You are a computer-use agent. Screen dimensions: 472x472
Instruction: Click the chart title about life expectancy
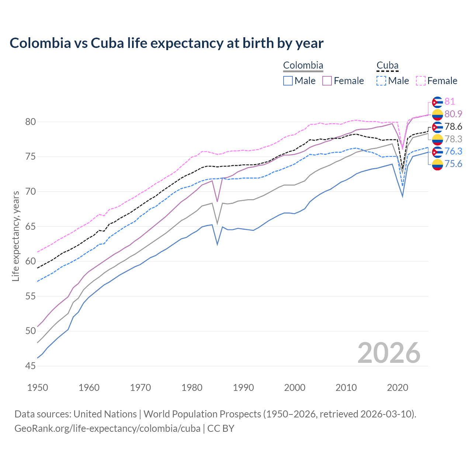click(166, 43)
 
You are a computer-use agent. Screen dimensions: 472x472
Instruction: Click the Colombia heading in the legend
click(303, 66)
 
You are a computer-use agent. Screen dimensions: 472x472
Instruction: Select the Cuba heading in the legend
click(387, 66)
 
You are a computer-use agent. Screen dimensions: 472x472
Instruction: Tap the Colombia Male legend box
click(288, 81)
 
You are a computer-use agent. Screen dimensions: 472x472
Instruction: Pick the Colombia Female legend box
click(327, 81)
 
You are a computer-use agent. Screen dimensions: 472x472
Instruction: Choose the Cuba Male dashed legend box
click(381, 81)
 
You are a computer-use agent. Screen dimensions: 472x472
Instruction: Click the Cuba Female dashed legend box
click(421, 81)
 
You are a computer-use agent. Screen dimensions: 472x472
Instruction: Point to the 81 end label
click(450, 102)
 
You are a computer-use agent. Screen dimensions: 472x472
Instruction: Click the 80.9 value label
click(453, 114)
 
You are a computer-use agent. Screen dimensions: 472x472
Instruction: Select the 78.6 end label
click(453, 127)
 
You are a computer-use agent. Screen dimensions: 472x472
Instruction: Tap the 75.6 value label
click(453, 164)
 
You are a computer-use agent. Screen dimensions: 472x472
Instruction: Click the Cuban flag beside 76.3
click(437, 152)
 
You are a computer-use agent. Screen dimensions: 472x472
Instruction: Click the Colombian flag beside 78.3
click(437, 139)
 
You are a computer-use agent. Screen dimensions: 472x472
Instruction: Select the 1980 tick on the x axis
click(192, 388)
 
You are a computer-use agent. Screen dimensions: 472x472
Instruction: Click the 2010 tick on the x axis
click(346, 388)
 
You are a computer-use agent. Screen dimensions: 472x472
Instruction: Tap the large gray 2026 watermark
click(389, 353)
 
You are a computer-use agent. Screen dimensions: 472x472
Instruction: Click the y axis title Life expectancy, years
click(15, 236)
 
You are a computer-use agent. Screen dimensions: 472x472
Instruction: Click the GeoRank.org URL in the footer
click(107, 428)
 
